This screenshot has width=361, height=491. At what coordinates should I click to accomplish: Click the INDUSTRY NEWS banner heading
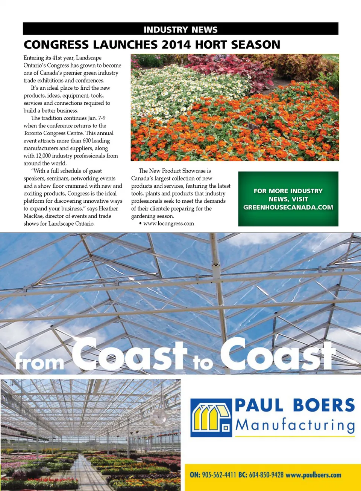(180, 29)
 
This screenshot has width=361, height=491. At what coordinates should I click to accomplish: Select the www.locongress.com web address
(168, 223)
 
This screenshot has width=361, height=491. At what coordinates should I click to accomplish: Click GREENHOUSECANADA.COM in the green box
(288, 207)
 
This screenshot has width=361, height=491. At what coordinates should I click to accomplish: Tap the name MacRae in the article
(33, 216)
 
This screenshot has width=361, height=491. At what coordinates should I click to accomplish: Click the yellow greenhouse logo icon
(211, 418)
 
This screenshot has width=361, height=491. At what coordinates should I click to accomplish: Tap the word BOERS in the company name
(323, 405)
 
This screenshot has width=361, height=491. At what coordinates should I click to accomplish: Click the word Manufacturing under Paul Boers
(295, 425)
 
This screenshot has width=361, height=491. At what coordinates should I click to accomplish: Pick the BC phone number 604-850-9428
(266, 475)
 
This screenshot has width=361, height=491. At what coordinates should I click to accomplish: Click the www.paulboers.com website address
(313, 475)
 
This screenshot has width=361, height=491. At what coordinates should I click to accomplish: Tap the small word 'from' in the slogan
(39, 362)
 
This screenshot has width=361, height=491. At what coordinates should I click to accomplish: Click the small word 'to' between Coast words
(203, 363)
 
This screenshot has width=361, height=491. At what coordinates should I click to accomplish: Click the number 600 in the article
(86, 141)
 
